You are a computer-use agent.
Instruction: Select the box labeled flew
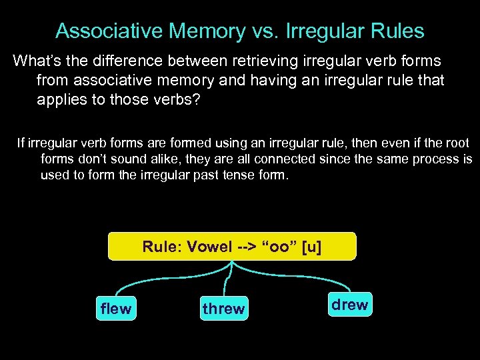tap(116, 309)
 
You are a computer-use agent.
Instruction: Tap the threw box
tap(223, 309)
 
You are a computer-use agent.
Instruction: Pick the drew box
tap(349, 305)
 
